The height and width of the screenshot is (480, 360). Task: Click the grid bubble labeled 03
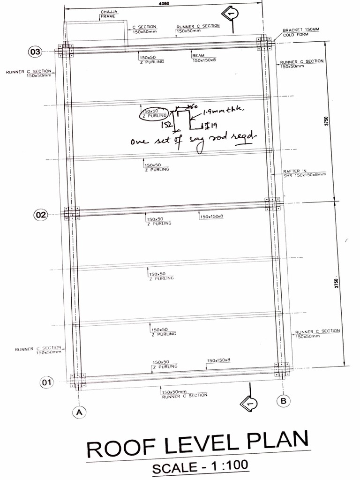pos(36,52)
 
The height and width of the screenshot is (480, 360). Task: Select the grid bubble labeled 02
pos(41,215)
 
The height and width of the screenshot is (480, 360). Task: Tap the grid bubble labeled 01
pos(46,382)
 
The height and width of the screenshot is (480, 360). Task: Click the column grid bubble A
pos(79,412)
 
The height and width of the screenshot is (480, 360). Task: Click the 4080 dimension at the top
pos(164,3)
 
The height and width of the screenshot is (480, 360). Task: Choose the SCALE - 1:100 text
pos(200,467)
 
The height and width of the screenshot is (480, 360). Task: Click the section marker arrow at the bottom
pos(247,402)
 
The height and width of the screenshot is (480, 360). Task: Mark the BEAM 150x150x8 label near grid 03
pos(203,58)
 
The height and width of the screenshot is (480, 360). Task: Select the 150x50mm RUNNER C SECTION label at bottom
pos(184,393)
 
